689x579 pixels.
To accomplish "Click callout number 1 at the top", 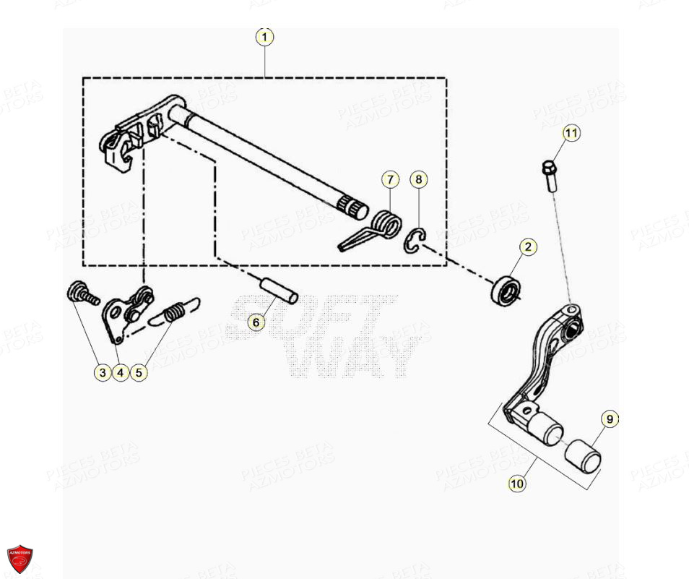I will point(265,37).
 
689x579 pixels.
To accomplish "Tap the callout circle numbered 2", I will point(527,247).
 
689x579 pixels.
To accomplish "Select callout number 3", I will point(103,372).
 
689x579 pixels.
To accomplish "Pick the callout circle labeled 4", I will point(121,372).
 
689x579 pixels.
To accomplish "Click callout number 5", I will point(139,372).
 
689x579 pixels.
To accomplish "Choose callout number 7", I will point(389,179).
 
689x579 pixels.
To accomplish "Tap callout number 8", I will point(419,179).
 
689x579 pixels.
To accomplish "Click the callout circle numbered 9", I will point(609,419).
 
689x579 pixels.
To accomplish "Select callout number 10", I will point(516,484).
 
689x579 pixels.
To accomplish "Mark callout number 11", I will point(571,133).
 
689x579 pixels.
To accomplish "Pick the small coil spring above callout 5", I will point(174,314).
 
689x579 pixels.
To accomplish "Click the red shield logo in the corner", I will point(19,559).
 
